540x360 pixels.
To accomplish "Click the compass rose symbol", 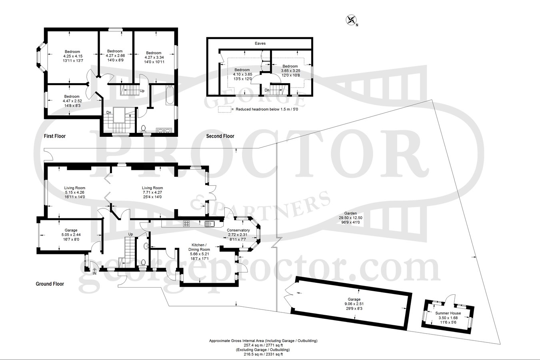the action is [x=351, y=20].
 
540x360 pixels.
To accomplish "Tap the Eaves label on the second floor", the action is [x=260, y=44].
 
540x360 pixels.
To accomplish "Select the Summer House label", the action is [x=448, y=313].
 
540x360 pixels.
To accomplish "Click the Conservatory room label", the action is [x=238, y=230].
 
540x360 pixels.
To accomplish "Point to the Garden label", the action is [x=350, y=213].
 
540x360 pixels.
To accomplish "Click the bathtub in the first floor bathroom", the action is [x=170, y=95].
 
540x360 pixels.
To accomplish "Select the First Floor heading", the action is [x=54, y=136].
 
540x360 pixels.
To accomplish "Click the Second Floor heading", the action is [x=220, y=136].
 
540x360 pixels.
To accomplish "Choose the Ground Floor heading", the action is [x=50, y=284].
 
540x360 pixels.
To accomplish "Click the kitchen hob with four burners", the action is [x=186, y=224].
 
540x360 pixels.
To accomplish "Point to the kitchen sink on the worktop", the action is [x=210, y=224].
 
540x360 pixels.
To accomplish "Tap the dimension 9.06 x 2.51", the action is [x=354, y=304].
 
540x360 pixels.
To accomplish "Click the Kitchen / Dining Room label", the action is [x=199, y=247].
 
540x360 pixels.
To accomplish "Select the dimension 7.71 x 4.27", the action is [x=152, y=192].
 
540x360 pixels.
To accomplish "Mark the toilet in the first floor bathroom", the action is [x=144, y=128].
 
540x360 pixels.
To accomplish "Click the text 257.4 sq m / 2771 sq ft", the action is [x=263, y=345].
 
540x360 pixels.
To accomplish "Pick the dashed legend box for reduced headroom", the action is [x=224, y=109].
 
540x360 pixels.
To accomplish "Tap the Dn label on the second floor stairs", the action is [x=267, y=90].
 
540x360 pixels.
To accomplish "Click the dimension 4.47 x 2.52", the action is [x=72, y=101].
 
